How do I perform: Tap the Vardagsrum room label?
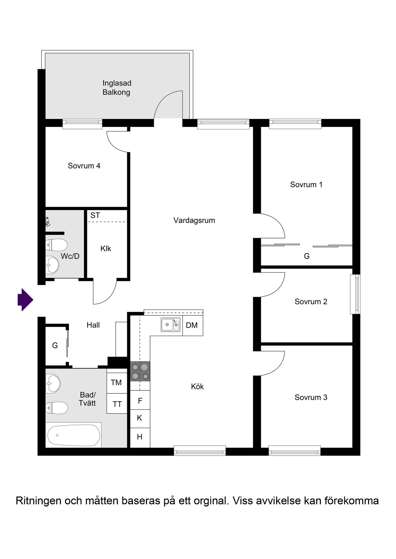tap(194, 221)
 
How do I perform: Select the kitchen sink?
tap(170, 325)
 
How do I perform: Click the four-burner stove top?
tap(140, 371)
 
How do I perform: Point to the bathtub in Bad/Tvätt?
tap(74, 435)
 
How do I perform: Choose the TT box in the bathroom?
tap(117, 404)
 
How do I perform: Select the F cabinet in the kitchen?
tap(140, 400)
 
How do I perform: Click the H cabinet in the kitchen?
tap(140, 437)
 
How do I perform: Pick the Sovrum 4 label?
tap(84, 166)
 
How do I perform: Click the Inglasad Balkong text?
tap(117, 88)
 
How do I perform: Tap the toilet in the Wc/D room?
tap(56, 245)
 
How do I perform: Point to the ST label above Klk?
tap(95, 215)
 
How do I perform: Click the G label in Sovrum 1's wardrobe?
tap(307, 256)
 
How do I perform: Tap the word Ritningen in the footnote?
tap(39, 501)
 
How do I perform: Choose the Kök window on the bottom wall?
tap(200, 451)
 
